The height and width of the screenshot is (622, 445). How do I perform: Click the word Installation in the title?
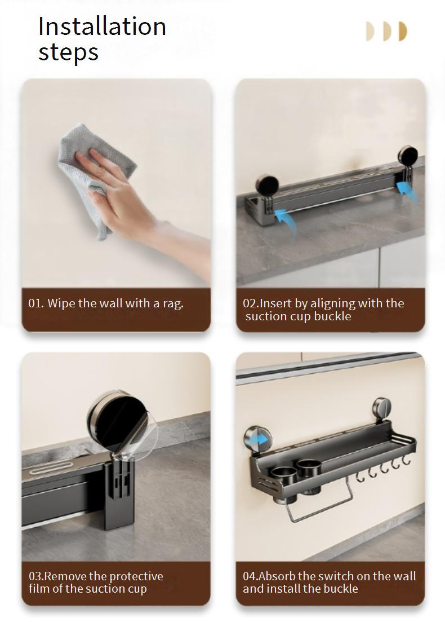102,27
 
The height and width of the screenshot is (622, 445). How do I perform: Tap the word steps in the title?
68,52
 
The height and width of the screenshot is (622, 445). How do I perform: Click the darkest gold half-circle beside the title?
403,32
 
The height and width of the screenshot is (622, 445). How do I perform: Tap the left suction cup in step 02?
267,186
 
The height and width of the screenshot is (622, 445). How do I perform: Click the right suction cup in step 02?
407,155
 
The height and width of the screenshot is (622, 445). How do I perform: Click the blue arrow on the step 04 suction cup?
260,439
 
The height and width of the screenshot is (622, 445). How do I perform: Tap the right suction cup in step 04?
382,408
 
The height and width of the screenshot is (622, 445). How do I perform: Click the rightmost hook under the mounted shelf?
406,460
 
